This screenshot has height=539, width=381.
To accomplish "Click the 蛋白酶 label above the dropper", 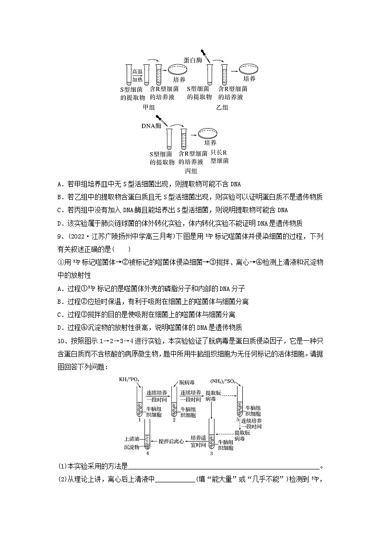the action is pos(193,60).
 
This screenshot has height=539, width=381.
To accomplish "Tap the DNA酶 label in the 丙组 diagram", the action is pos(151,125).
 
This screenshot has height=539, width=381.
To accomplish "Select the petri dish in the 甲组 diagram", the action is pos(180,70).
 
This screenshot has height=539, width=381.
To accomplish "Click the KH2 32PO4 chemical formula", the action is pos(129,380).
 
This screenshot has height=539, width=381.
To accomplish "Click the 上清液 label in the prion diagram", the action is pos(131,439).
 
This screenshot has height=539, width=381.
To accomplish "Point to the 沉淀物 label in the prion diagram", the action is pos(131,446).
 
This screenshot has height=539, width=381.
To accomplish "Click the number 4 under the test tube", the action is pos(148,453).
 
